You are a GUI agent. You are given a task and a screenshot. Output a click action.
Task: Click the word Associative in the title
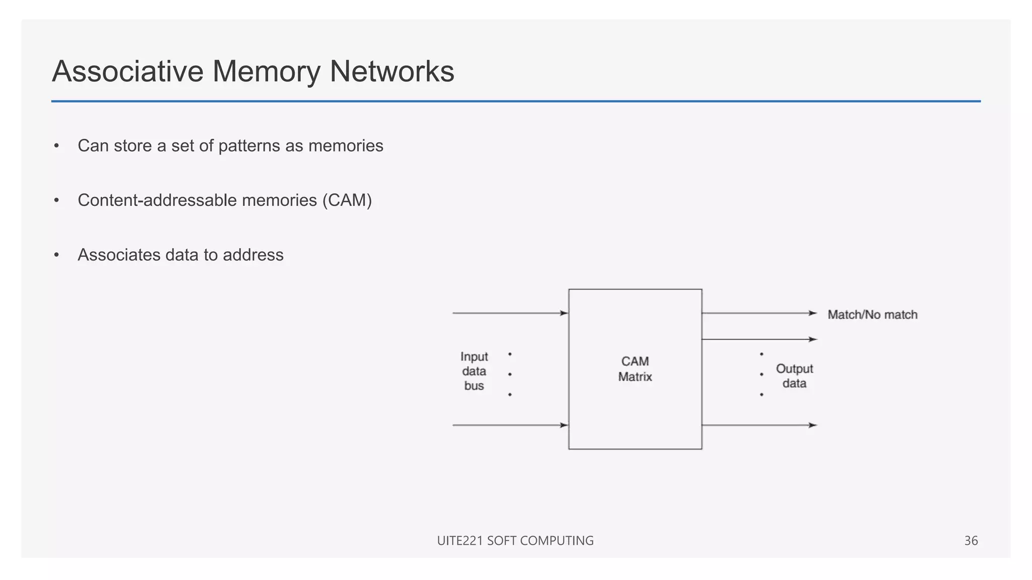(x=127, y=71)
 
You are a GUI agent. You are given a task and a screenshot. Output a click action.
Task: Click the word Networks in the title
(x=392, y=71)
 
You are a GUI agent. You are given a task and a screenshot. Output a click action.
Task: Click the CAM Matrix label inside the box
(x=635, y=369)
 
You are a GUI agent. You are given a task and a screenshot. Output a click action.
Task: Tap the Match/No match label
(x=872, y=315)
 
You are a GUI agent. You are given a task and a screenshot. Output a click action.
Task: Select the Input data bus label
(x=474, y=371)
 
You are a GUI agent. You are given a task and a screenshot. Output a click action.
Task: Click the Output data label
(x=794, y=376)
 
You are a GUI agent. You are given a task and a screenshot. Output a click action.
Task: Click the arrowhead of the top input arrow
(x=564, y=313)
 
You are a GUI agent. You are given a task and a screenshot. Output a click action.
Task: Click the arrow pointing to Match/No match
(x=758, y=313)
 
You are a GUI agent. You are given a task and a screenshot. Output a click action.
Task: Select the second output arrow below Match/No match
(x=758, y=339)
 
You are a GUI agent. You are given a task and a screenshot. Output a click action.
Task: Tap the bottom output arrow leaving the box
(x=758, y=425)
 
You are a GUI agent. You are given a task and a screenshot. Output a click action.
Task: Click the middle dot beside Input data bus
(x=510, y=374)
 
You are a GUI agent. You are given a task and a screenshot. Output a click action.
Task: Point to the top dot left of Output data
(x=761, y=354)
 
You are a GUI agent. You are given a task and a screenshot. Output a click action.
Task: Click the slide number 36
(x=971, y=541)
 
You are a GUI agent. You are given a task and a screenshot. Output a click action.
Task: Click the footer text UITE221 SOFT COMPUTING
(x=515, y=541)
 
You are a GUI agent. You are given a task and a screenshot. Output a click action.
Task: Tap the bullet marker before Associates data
(x=56, y=255)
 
